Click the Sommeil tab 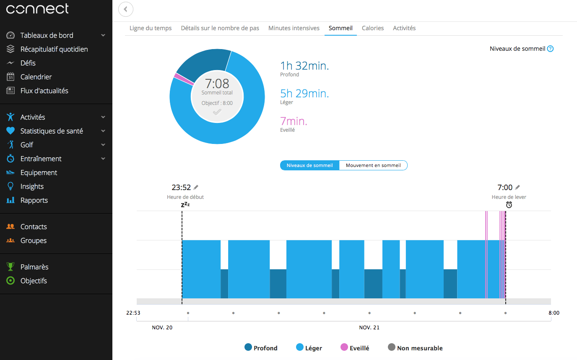340,28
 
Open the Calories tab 373,28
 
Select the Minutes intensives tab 294,28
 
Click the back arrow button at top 126,9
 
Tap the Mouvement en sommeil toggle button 373,165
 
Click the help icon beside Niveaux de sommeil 551,49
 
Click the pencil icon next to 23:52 196,188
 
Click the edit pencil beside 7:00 517,188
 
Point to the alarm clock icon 509,205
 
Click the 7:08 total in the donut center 217,83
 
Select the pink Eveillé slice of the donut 178,77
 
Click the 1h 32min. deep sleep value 304,65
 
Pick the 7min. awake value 294,121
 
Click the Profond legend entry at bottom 261,348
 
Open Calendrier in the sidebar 36,77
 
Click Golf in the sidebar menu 27,145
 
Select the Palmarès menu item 34,267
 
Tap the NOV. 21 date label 369,327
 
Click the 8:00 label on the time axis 554,313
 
